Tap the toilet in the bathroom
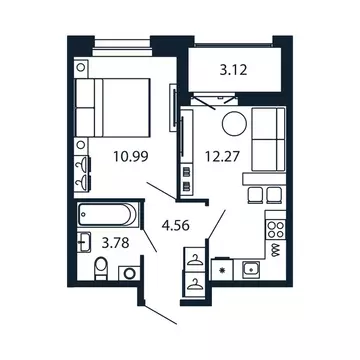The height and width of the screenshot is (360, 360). [x=100, y=267]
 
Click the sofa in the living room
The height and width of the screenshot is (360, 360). [x=269, y=141]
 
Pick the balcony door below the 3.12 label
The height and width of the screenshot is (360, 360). [x=217, y=96]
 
